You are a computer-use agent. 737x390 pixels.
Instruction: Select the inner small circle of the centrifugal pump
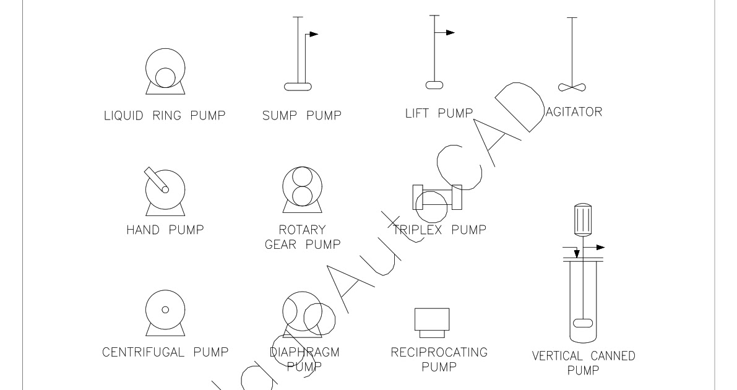(165, 309)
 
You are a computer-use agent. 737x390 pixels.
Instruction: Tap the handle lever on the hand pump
(155, 180)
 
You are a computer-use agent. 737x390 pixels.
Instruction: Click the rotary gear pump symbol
(301, 188)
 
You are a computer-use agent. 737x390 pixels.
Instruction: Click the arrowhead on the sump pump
(313, 35)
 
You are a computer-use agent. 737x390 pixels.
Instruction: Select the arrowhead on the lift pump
(450, 32)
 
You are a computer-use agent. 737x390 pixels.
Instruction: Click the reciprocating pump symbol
(431, 319)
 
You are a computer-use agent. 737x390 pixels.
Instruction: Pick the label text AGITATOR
(575, 112)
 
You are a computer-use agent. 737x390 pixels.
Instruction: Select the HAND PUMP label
(165, 230)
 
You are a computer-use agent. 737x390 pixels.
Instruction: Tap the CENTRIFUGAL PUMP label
(165, 353)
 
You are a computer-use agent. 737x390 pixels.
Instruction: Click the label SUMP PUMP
(301, 115)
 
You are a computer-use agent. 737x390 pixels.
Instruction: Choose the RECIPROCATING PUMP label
(439, 360)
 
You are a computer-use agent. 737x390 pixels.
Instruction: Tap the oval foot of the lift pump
(434, 85)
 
